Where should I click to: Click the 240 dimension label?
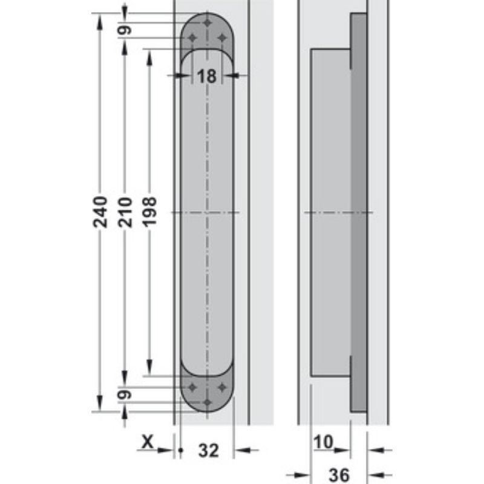pyautogui.click(x=101, y=212)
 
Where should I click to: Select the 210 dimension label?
pyautogui.click(x=125, y=212)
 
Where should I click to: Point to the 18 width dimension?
pyautogui.click(x=207, y=76)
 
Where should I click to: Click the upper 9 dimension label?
pyautogui.click(x=125, y=30)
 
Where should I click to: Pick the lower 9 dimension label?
pyautogui.click(x=125, y=394)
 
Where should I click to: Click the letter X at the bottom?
pyautogui.click(x=146, y=443)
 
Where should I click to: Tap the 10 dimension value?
pyautogui.click(x=324, y=443)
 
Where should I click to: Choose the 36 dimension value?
pyautogui.click(x=339, y=475)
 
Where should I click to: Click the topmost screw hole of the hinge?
pyautogui.click(x=208, y=22)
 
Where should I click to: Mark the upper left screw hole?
pyautogui.click(x=193, y=38)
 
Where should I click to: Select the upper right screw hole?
pyautogui.click(x=222, y=38)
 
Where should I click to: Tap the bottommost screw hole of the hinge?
pyautogui.click(x=208, y=402)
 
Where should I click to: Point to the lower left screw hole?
pyautogui.click(x=193, y=387)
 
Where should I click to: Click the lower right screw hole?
pyautogui.click(x=222, y=387)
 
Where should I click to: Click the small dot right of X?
pyautogui.click(x=181, y=450)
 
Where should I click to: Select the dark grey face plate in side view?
pyautogui.click(x=359, y=212)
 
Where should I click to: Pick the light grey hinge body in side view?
pyautogui.click(x=330, y=212)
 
